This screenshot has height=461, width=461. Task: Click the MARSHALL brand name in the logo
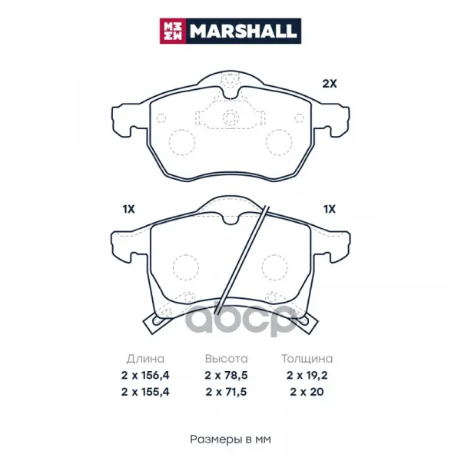(x=243, y=32)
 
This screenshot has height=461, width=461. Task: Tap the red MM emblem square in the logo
(x=173, y=32)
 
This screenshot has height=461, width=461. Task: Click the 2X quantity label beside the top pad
(x=330, y=84)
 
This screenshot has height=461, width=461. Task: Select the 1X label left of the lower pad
(x=128, y=209)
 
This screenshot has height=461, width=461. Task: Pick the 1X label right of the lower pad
(x=330, y=209)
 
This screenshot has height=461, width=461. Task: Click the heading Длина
(x=145, y=359)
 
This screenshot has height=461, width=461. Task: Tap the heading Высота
(x=227, y=359)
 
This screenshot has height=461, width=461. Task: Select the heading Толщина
(x=307, y=359)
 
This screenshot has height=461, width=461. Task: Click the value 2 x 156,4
(x=145, y=376)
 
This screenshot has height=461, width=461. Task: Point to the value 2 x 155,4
(x=145, y=392)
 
